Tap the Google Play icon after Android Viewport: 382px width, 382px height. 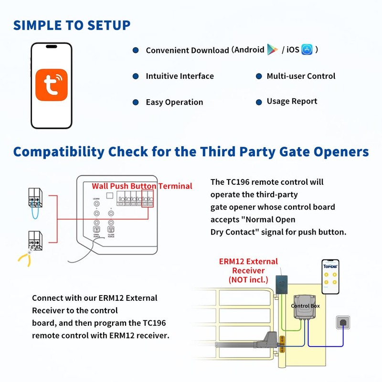(x=272, y=49)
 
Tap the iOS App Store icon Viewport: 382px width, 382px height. (x=307, y=50)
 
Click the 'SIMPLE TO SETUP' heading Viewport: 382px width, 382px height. (x=72, y=25)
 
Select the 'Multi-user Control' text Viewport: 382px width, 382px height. (x=301, y=76)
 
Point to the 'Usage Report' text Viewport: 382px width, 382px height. (x=292, y=101)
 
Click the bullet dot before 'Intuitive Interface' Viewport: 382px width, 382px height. (x=136, y=76)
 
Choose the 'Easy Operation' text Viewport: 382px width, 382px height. (x=174, y=102)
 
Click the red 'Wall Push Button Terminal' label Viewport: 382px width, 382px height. (x=142, y=186)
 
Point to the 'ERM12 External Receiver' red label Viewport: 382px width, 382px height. (x=248, y=270)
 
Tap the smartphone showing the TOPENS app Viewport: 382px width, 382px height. (x=330, y=277)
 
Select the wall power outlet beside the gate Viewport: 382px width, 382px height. (x=343, y=323)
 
